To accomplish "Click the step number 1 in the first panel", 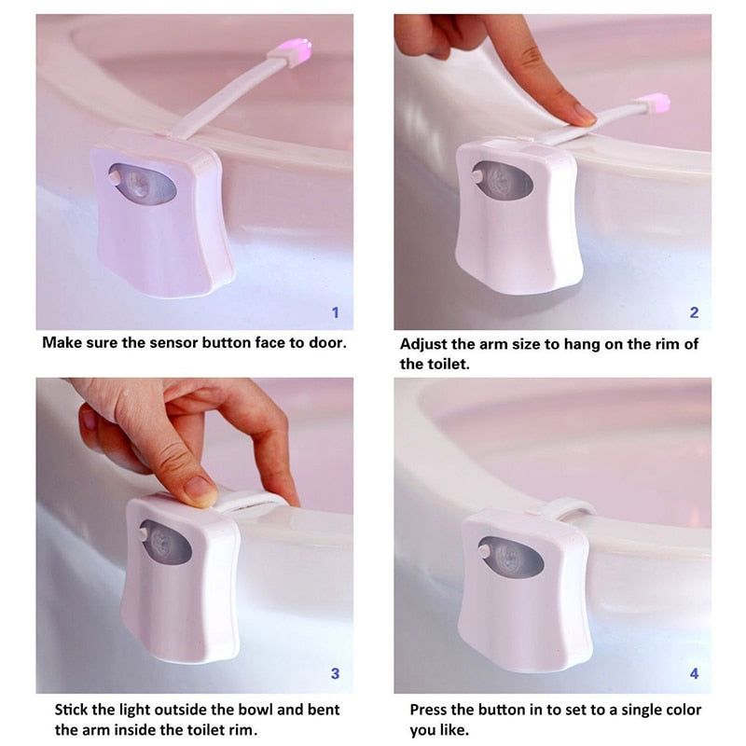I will pos(336,312).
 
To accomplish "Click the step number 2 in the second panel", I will pos(694,312).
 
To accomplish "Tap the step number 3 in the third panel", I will pos(336,673).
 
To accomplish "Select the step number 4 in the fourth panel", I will pos(694,672).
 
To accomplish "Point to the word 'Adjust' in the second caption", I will pos(424,344).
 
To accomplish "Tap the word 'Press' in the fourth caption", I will pos(432,711).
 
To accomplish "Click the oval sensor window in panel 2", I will pos(504,180).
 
